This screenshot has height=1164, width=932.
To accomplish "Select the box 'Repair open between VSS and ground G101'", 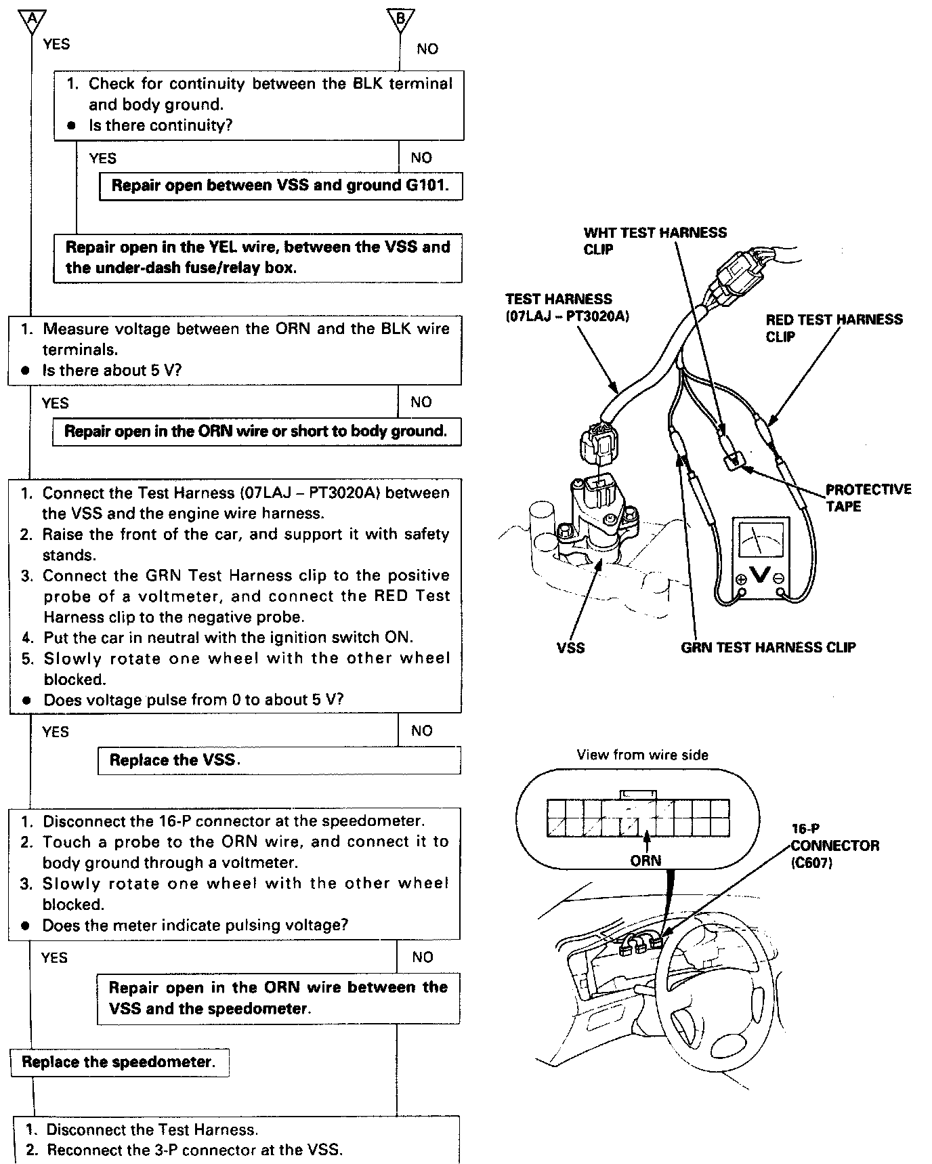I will point(280,186).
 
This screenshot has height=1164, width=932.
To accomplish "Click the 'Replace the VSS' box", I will point(279,760).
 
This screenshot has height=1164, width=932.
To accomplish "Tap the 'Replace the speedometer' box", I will point(119,1062).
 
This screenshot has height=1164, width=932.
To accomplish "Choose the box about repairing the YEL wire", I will point(257,257).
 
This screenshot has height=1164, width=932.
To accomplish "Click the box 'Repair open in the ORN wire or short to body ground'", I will point(257,432).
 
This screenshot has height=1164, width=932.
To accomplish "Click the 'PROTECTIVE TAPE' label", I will point(868,497).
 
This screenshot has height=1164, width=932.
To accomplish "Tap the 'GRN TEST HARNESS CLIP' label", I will point(768,648).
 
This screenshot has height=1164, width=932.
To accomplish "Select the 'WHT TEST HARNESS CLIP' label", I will point(654,241).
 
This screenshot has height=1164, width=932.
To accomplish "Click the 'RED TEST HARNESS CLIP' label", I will point(834,328).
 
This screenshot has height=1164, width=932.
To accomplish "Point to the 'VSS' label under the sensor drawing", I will point(570,648).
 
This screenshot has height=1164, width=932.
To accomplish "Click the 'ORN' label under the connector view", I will point(645,860).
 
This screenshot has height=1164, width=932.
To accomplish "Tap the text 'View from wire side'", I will point(642,755).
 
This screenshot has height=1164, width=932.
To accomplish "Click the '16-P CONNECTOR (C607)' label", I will point(834,846).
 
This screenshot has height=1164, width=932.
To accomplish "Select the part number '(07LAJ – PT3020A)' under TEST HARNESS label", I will point(567,316).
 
